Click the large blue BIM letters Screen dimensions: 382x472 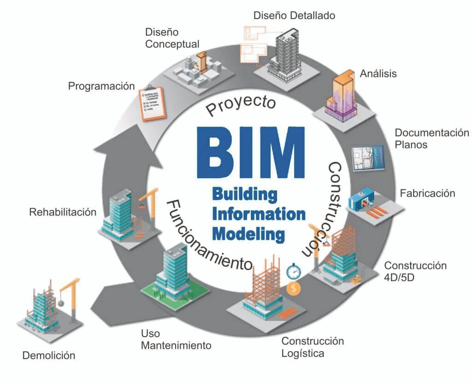(251, 152)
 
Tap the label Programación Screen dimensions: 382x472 (101, 86)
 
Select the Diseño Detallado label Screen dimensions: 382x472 (294, 15)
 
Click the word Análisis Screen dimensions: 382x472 (378, 73)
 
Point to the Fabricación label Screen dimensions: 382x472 (427, 193)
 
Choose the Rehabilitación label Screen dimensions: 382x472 (63, 212)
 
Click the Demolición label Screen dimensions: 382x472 (48, 355)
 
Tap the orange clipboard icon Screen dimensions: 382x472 (153, 103)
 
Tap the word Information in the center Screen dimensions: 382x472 (259, 214)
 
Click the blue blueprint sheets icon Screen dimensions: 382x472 (368, 158)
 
